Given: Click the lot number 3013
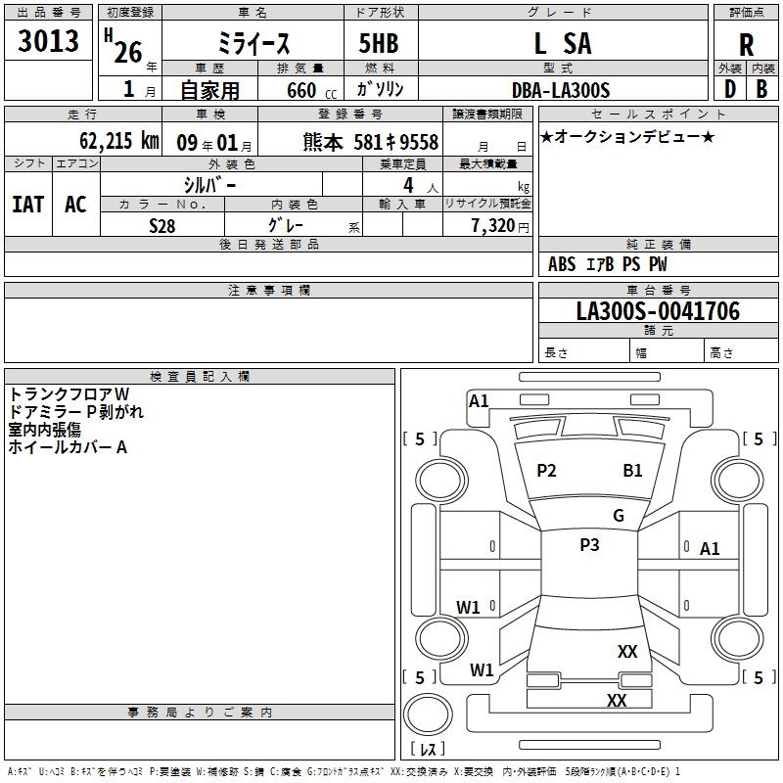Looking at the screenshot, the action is click(48, 41).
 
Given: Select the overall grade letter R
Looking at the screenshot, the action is click(746, 45).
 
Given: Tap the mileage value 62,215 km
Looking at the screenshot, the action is click(119, 141).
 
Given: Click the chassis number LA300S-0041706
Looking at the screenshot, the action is click(658, 311).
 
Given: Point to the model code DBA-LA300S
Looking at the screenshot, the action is click(561, 90).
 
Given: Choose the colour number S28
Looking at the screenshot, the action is click(162, 226).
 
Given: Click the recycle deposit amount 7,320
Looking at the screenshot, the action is click(492, 226).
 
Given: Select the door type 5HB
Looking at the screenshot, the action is click(379, 43).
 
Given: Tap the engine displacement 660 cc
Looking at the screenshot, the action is click(311, 91).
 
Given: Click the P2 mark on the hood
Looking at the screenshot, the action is click(546, 471).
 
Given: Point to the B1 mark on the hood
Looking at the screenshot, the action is click(632, 471).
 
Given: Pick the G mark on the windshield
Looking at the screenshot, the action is click(619, 516).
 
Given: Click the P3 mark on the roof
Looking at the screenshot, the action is click(589, 545).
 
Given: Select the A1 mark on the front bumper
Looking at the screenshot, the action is click(479, 401).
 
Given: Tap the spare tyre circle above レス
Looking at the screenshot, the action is click(428, 714).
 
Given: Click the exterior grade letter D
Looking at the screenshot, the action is click(730, 89).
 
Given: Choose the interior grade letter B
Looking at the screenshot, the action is click(761, 89).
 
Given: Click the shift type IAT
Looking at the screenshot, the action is click(28, 205).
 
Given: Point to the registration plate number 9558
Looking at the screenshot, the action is click(419, 142).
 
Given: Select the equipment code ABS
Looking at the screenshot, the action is click(562, 264).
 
